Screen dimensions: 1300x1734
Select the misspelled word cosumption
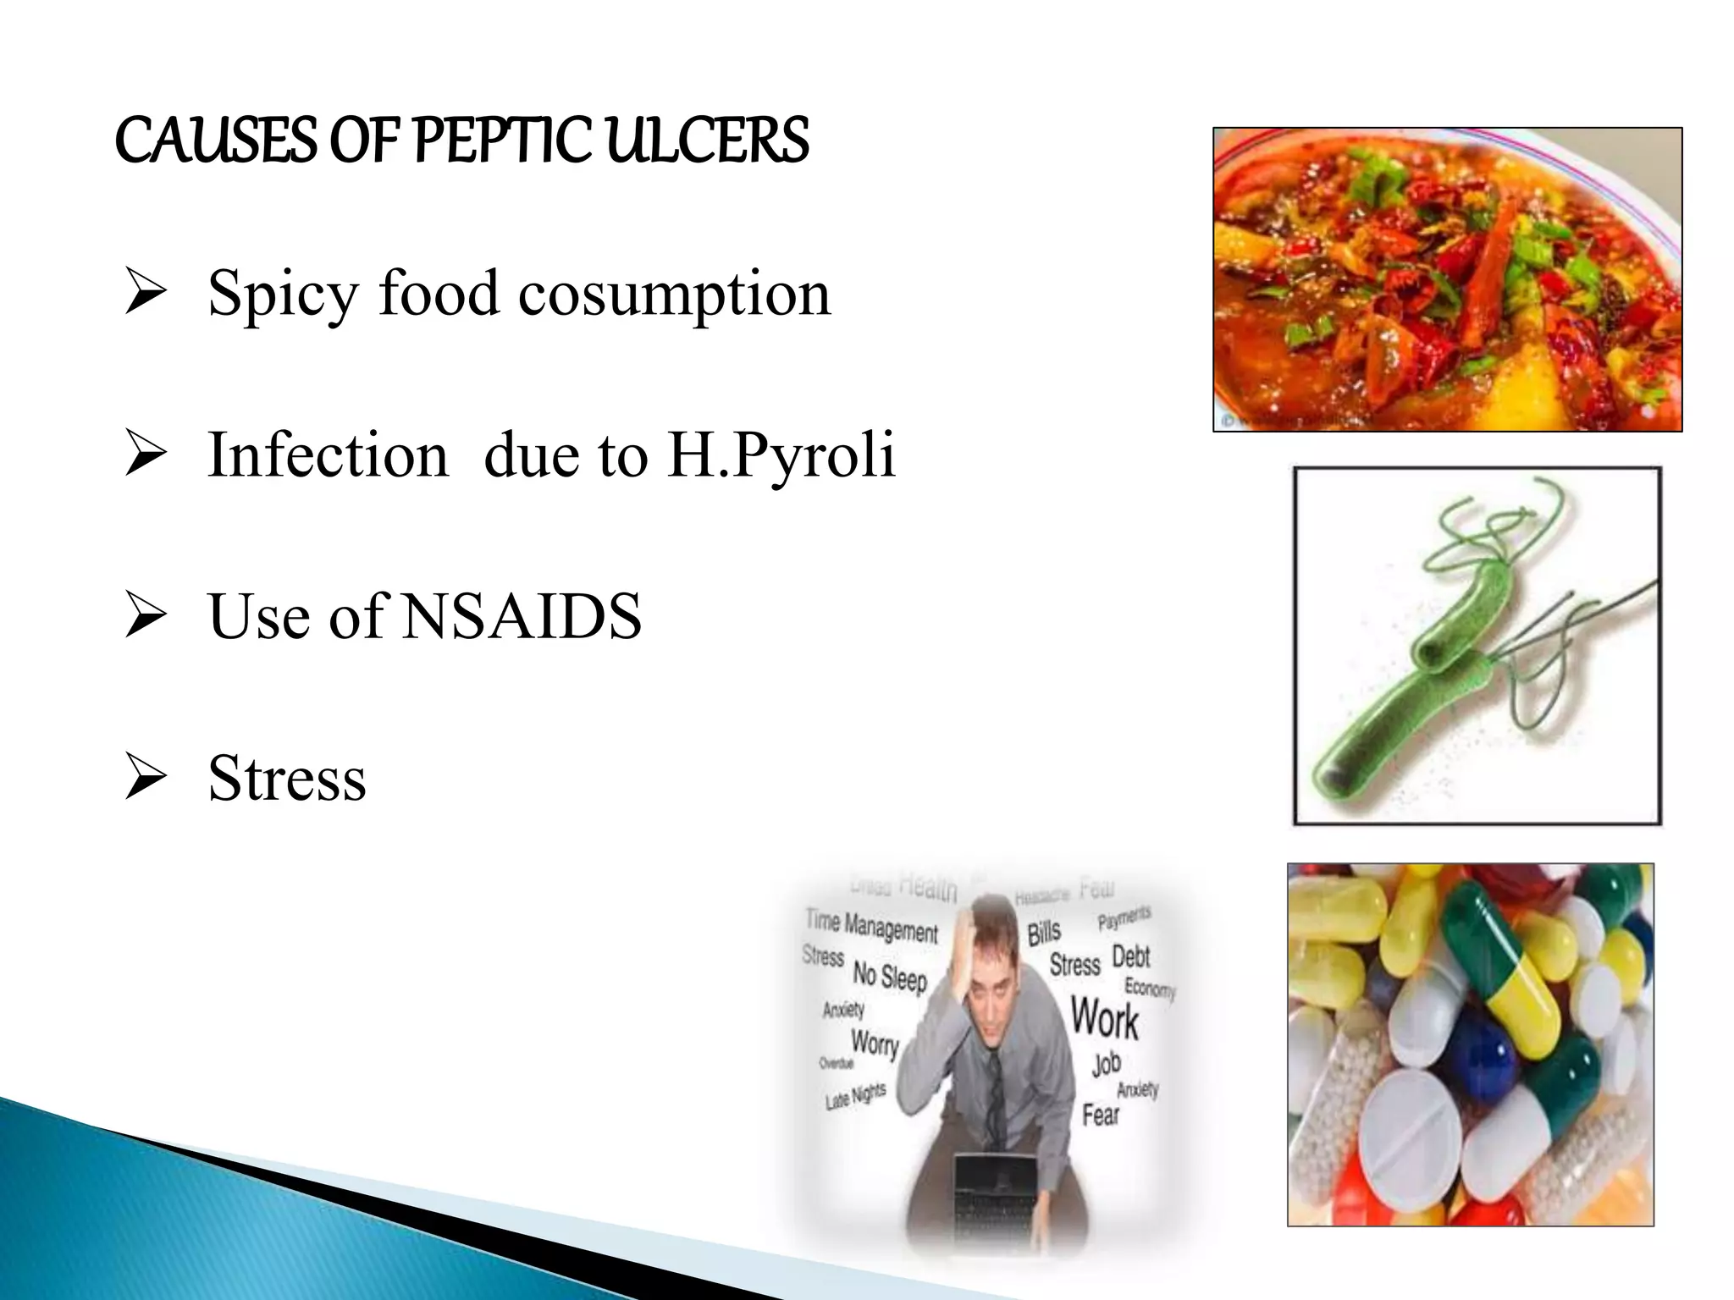[x=674, y=294]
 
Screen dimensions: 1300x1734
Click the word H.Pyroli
[x=781, y=455]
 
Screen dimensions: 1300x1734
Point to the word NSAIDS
[x=522, y=616]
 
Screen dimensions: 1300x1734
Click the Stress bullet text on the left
[x=287, y=778]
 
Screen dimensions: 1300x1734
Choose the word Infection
[x=329, y=455]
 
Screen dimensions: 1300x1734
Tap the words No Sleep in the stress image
[x=890, y=977]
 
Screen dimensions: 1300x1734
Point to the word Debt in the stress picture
[x=1130, y=956]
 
